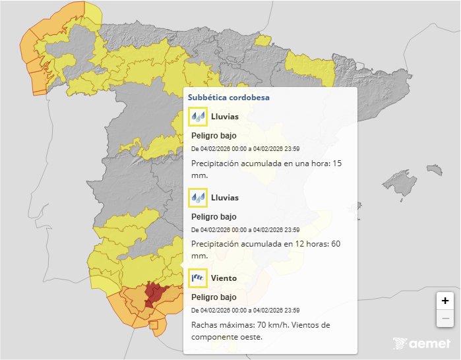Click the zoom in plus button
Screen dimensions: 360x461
tap(445, 301)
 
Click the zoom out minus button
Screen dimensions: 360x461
tap(445, 319)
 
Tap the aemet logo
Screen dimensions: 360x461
tap(421, 344)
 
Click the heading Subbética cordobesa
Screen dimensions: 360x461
tap(228, 97)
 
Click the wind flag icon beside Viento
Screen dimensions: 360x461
tap(198, 278)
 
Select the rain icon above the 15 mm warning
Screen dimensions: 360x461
tap(198, 117)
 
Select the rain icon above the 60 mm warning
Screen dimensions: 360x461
tap(198, 198)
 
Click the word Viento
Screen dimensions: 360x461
tap(224, 278)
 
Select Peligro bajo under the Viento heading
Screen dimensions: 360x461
tap(214, 297)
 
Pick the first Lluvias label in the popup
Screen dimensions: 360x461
tap(225, 117)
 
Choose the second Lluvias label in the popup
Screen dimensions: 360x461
tap(225, 198)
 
